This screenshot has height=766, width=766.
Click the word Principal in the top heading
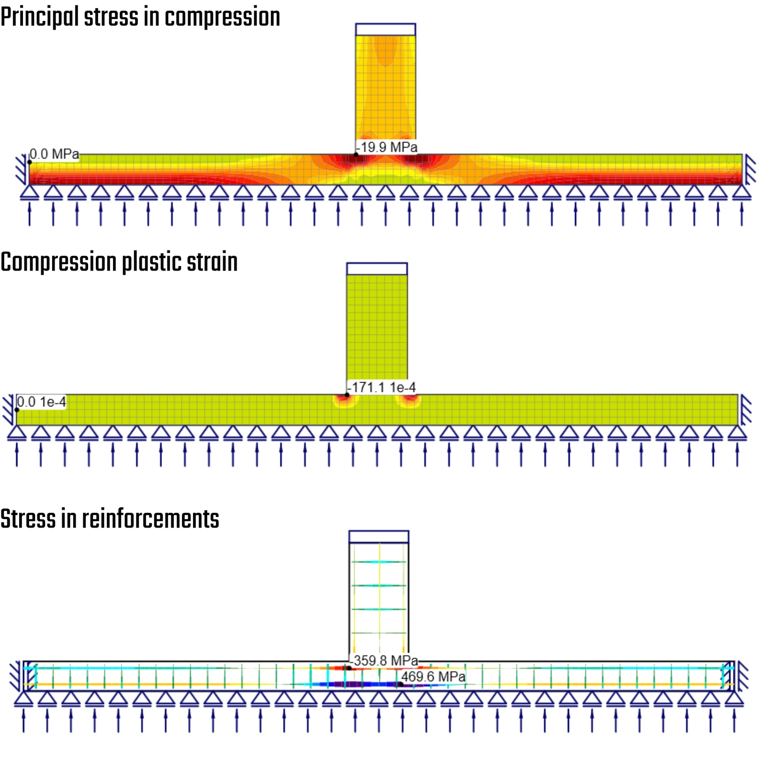[x=40, y=18]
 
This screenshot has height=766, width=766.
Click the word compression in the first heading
[x=223, y=18]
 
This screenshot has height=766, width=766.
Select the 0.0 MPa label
[x=54, y=154]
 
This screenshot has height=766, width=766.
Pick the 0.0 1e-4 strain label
[x=41, y=402]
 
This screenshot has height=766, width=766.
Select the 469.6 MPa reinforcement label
[x=433, y=676]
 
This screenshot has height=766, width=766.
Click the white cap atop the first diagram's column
[x=385, y=29]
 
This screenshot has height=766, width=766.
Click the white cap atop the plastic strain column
[x=377, y=269]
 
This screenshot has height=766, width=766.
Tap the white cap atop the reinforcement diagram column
[x=379, y=537]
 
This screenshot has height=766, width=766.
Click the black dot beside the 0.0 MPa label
[x=30, y=162]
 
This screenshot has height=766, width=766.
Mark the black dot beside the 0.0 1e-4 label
[x=17, y=410]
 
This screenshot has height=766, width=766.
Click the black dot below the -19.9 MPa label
[x=356, y=154]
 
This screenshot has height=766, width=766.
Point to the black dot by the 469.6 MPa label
[x=400, y=684]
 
